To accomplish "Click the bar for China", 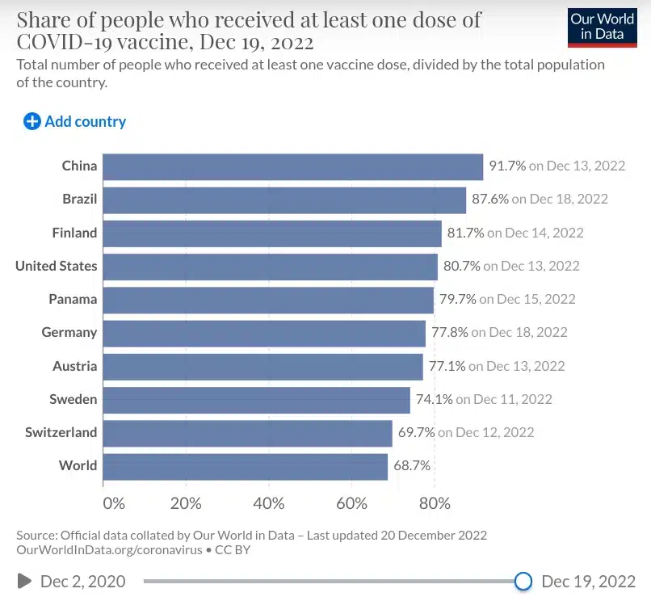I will (293, 166).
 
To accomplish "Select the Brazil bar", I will (284, 200).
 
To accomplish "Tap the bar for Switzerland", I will (247, 433).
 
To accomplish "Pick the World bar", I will (246, 466).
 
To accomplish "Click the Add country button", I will (75, 122).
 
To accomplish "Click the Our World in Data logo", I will (602, 27).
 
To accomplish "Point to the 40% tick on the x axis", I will (269, 503).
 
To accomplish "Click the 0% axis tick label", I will (114, 503).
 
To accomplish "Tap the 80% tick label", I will (435, 503).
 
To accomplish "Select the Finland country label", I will (74, 233).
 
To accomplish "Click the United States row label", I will (56, 266).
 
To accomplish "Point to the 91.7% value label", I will (507, 166).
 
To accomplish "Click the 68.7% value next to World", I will (411, 465).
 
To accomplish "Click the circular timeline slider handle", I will (523, 581).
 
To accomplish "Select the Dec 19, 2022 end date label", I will (589, 581).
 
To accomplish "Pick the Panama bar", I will (268, 300).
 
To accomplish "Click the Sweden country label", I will (73, 399).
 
